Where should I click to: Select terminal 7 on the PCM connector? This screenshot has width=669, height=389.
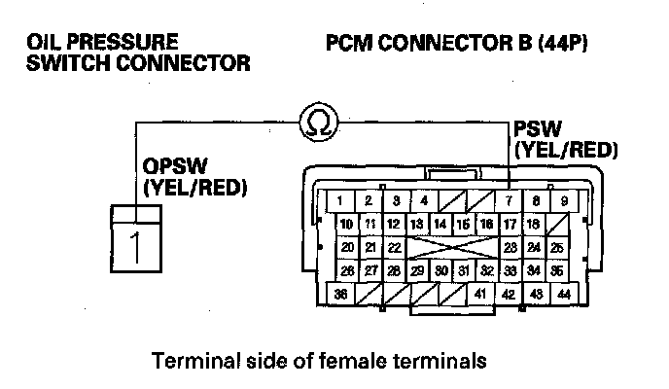click(508, 201)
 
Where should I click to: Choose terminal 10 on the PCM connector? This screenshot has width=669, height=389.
click(347, 225)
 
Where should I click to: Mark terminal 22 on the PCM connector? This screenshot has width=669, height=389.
click(393, 247)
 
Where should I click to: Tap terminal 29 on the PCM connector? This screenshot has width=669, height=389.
click(417, 270)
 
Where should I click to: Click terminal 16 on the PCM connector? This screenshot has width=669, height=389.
click(487, 225)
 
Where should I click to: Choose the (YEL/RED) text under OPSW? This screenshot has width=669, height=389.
click(193, 187)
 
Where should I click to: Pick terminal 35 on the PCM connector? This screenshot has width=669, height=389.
click(555, 270)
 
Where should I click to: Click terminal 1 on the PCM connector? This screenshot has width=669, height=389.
click(339, 201)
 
